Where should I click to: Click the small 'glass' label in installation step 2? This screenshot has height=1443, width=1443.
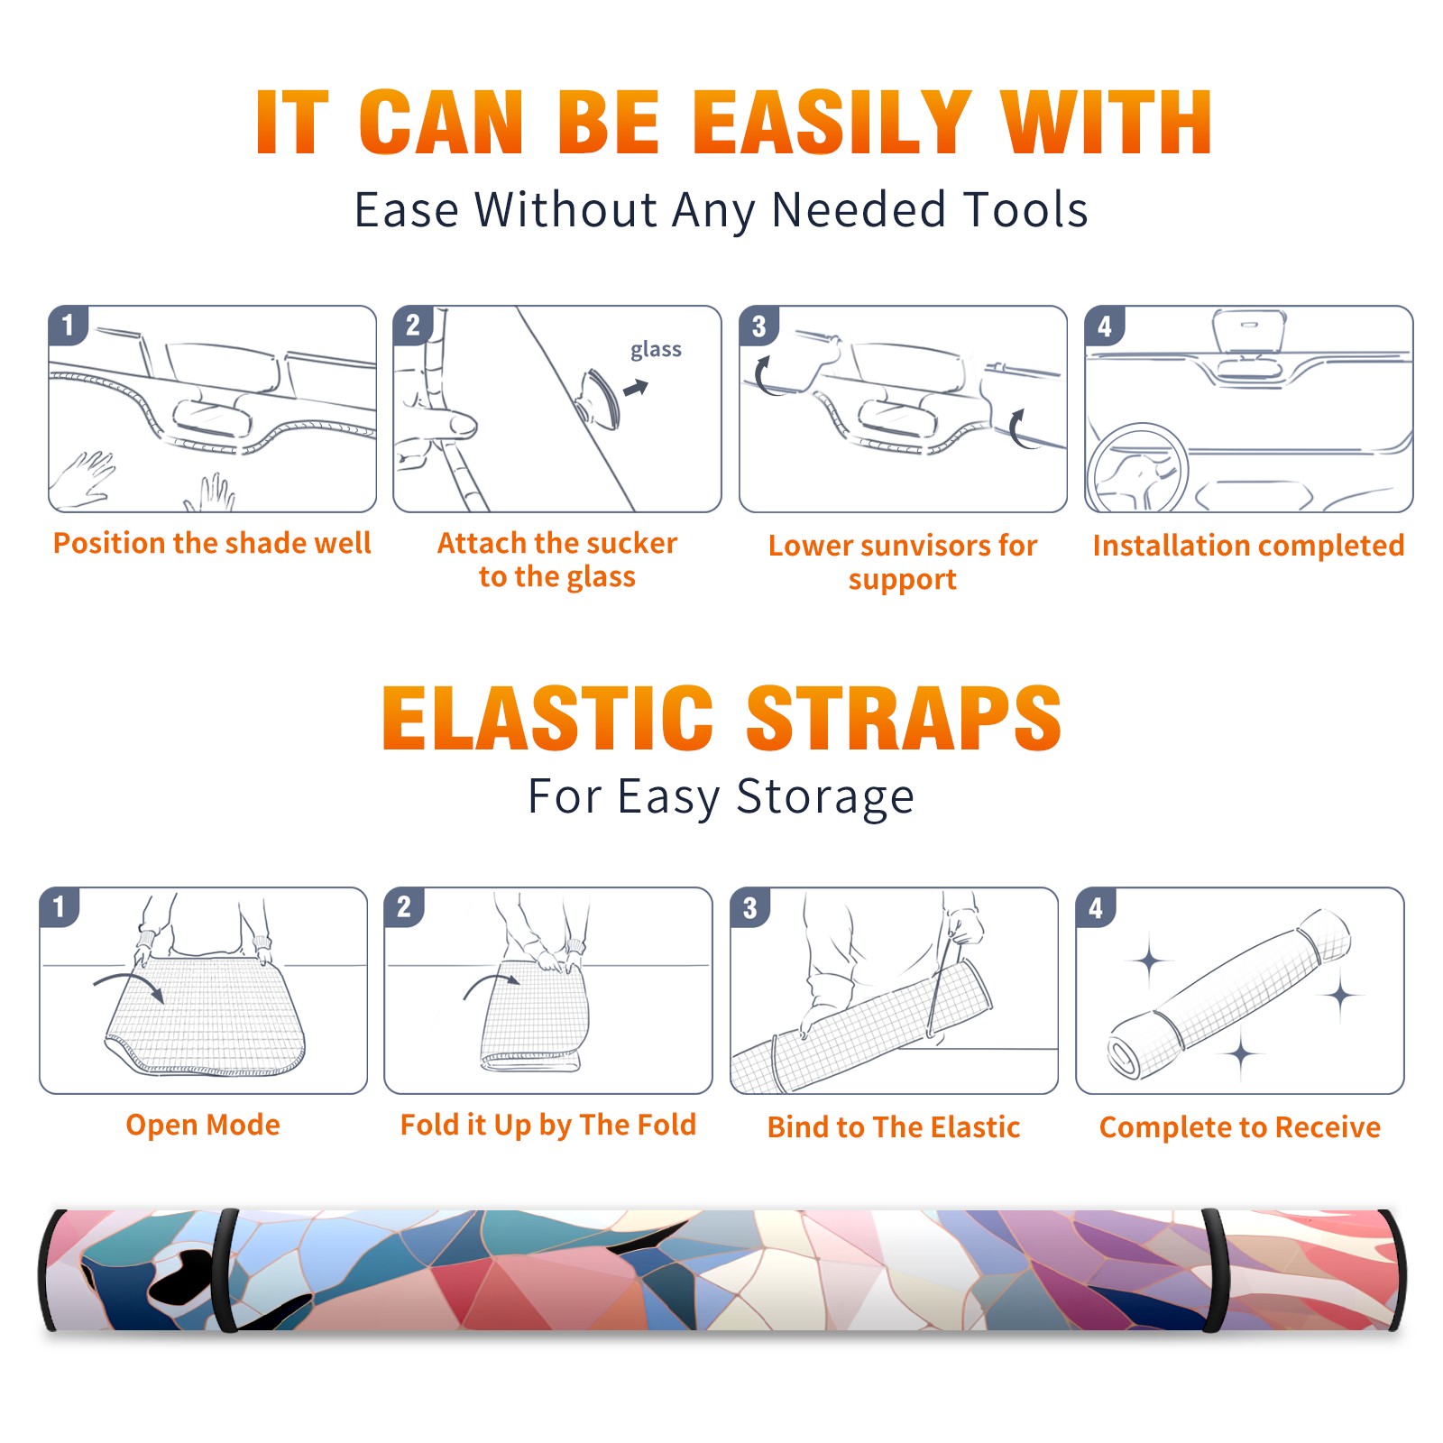tap(656, 350)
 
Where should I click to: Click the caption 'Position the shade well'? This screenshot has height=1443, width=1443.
tap(212, 543)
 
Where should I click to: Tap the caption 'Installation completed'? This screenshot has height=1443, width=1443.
tap(1248, 546)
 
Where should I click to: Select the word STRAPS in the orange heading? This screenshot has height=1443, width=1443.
tap(904, 718)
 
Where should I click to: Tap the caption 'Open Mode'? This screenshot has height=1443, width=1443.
tap(203, 1125)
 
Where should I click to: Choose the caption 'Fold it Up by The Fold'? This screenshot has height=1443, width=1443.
tap(548, 1126)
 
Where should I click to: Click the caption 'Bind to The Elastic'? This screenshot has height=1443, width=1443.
tap(894, 1127)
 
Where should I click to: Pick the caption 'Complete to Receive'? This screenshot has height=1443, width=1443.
tap(1240, 1127)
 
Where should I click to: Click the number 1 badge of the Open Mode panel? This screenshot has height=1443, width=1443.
tap(60, 906)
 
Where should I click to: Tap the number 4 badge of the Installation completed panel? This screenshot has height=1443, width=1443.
tap(1105, 326)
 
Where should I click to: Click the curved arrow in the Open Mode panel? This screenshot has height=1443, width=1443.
tap(131, 979)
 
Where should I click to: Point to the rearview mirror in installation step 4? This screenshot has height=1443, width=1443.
tap(1249, 347)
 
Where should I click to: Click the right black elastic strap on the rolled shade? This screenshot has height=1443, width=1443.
tap(1214, 1270)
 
